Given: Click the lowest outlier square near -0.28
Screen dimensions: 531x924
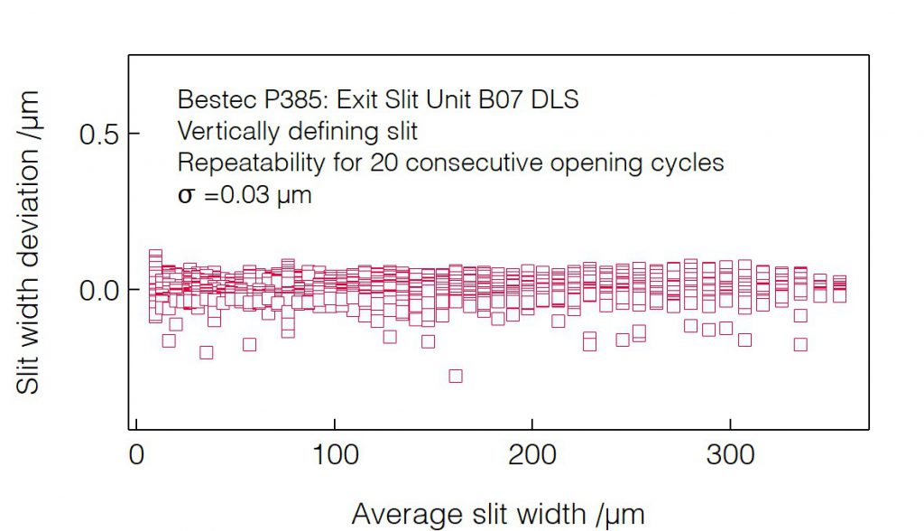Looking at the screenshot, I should [456, 376].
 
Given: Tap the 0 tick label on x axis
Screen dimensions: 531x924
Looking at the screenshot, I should [136, 455].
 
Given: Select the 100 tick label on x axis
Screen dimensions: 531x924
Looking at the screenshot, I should [334, 455].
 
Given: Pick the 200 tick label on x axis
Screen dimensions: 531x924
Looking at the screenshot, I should [531, 455].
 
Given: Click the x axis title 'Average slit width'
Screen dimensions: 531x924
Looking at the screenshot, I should [497, 515].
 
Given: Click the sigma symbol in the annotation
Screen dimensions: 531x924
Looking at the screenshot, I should [185, 196].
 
